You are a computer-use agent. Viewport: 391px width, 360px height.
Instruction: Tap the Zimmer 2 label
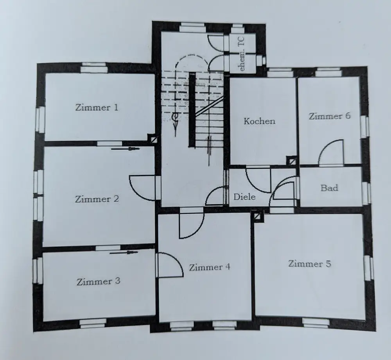coord(97,199)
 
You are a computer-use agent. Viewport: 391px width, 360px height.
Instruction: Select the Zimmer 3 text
coord(98,281)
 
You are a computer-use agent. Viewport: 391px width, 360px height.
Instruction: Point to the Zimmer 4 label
coord(209,267)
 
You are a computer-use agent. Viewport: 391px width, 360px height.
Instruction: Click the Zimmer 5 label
coord(309,263)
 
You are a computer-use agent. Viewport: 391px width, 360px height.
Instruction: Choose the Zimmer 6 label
coord(329,116)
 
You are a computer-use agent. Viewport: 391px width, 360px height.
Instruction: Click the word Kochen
coord(259,121)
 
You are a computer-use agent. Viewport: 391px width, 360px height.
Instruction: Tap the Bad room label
coord(329,188)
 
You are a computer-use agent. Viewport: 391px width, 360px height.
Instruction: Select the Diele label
coord(244,197)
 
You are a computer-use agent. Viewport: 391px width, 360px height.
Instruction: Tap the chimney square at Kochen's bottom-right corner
coord(291,160)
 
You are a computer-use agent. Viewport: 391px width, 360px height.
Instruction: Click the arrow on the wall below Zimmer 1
coord(125,149)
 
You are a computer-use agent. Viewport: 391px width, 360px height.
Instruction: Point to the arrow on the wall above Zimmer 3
coord(124,253)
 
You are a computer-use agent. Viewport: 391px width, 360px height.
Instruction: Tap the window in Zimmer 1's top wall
coord(94,68)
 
